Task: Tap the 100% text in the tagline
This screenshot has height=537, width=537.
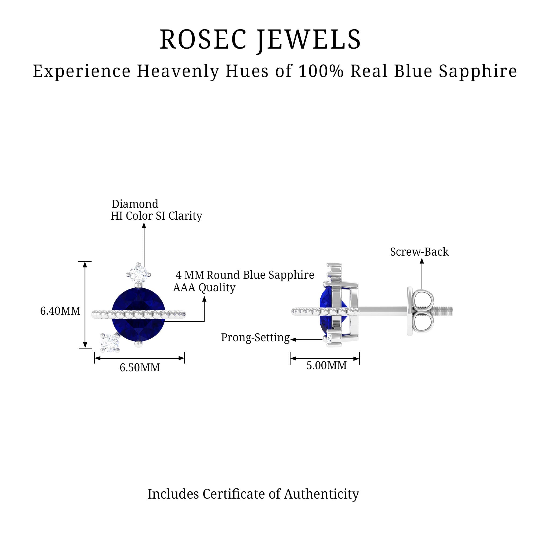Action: (321, 71)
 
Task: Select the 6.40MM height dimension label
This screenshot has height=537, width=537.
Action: (60, 311)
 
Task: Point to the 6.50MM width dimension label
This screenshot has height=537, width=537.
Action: (140, 368)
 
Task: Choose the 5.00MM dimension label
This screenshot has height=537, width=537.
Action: (326, 365)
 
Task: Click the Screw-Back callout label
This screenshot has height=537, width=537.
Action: (419, 252)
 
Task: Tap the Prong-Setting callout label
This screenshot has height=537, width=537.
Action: (255, 338)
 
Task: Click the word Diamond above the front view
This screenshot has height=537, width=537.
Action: (135, 204)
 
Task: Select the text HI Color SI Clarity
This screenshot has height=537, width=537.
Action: (156, 216)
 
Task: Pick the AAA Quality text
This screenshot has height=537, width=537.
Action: (204, 287)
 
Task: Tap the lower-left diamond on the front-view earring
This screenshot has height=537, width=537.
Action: (110, 342)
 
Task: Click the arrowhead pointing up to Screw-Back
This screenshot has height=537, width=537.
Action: (422, 261)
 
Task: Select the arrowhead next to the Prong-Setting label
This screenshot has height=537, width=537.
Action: (293, 339)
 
